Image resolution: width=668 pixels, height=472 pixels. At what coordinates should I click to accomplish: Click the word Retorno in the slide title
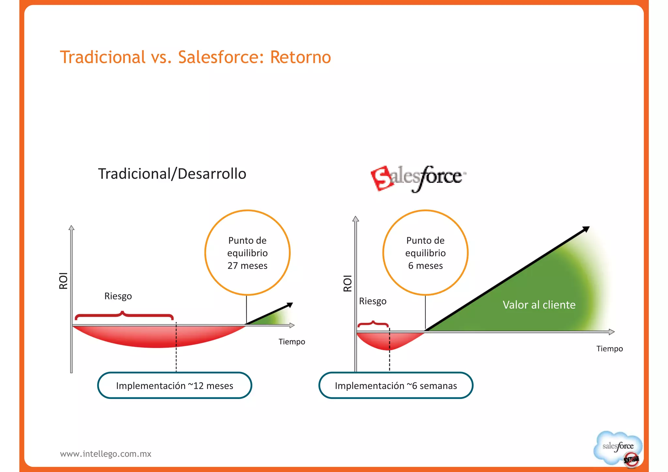click(300, 57)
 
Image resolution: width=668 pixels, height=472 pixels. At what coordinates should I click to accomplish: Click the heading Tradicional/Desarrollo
click(172, 174)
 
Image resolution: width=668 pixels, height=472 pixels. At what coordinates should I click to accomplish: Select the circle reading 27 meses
click(247, 253)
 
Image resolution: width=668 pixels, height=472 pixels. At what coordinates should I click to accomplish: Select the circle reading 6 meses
click(425, 253)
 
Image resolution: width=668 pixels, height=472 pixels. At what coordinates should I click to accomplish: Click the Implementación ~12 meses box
click(175, 386)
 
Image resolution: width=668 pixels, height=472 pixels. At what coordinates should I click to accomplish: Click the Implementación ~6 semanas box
click(396, 386)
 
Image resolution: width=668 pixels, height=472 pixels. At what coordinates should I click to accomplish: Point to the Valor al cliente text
click(539, 305)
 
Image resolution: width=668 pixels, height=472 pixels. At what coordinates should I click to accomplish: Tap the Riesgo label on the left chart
click(118, 296)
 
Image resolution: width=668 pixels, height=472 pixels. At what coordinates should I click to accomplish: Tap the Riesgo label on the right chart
click(372, 301)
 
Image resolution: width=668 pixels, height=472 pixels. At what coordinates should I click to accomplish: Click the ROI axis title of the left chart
click(63, 281)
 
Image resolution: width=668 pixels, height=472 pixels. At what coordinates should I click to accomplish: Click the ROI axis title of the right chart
click(348, 283)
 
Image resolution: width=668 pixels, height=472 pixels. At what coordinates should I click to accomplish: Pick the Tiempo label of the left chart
click(292, 342)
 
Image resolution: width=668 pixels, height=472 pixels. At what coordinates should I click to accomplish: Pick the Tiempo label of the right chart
click(609, 349)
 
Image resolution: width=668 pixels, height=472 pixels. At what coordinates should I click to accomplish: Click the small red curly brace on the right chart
click(373, 324)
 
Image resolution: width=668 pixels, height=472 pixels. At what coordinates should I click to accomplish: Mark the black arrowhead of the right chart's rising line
click(586, 229)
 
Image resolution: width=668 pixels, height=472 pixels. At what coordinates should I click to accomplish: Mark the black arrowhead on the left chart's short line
click(290, 305)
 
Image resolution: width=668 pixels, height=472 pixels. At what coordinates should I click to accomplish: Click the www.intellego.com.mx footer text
click(106, 454)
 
